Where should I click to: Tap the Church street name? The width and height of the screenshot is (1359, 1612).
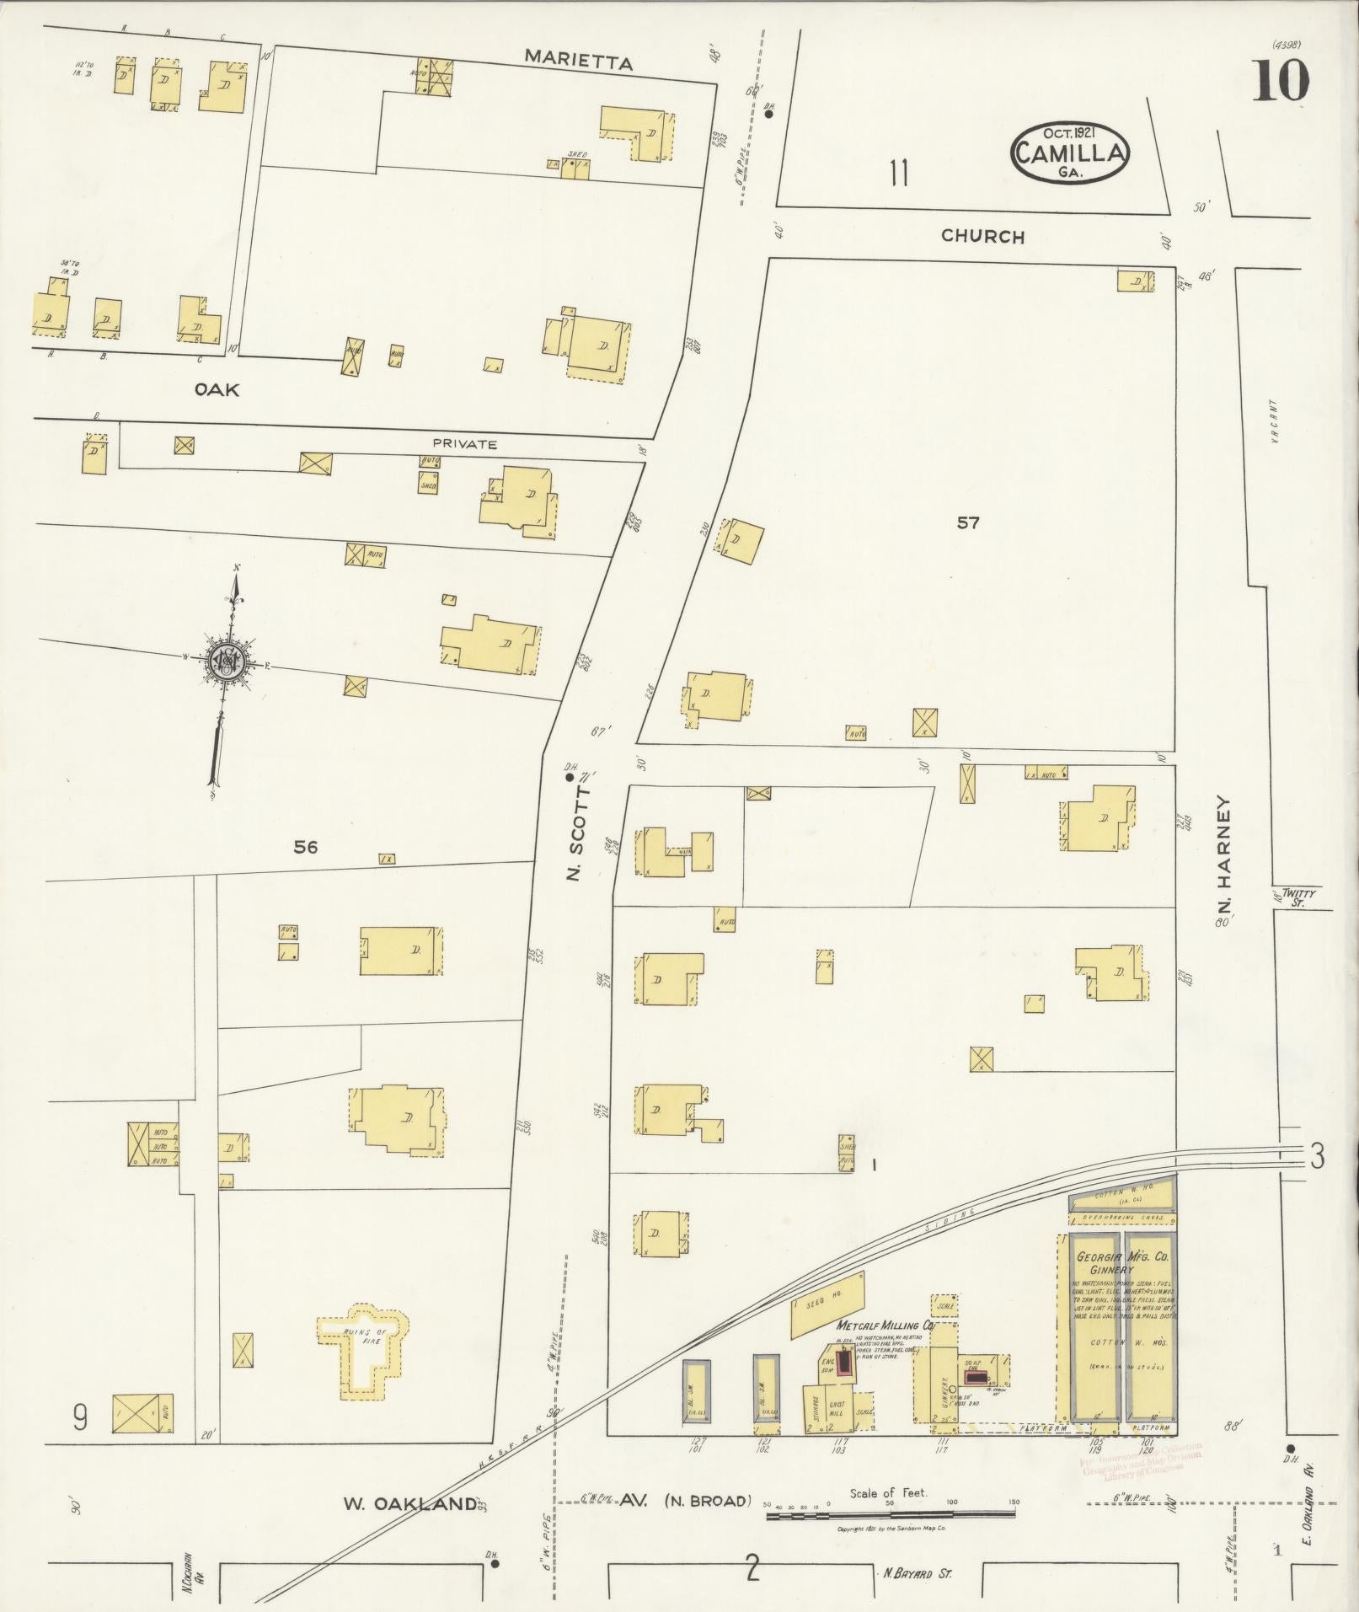(x=982, y=237)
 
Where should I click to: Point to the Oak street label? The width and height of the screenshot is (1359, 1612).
(x=217, y=389)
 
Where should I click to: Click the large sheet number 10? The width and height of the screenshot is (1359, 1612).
(x=1280, y=82)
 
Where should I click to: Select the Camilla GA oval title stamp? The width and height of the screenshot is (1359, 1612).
(x=1070, y=152)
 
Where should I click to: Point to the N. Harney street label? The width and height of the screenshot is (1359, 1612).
(x=1224, y=857)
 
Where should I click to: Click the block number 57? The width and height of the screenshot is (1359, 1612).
(x=968, y=523)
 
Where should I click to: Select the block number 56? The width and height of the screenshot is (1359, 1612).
(x=305, y=847)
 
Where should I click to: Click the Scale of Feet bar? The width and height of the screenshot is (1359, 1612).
(x=892, y=1516)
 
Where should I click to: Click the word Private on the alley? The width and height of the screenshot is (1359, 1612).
(x=465, y=444)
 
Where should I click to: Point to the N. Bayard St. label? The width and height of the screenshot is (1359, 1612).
(x=918, y=1572)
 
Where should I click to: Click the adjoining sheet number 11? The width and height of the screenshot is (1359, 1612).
(x=899, y=174)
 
